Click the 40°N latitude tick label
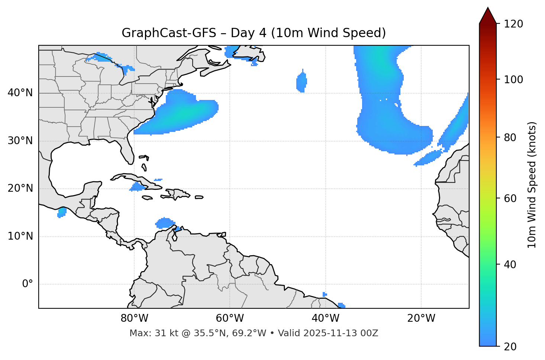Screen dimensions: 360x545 [20, 93]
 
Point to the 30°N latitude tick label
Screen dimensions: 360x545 [20, 141]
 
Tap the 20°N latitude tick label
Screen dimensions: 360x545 [20, 188]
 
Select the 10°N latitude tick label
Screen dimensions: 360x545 [20, 236]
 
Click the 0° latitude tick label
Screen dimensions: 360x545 [28, 284]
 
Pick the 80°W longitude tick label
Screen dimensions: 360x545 [134, 318]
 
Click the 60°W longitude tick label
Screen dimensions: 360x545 [230, 318]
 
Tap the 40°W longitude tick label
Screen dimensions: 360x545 [326, 318]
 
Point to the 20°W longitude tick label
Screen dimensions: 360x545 [421, 318]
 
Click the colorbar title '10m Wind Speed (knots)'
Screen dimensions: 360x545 [532, 185]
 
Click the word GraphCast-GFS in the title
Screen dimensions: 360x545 [169, 33]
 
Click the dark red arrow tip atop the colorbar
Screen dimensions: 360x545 [488, 15]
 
